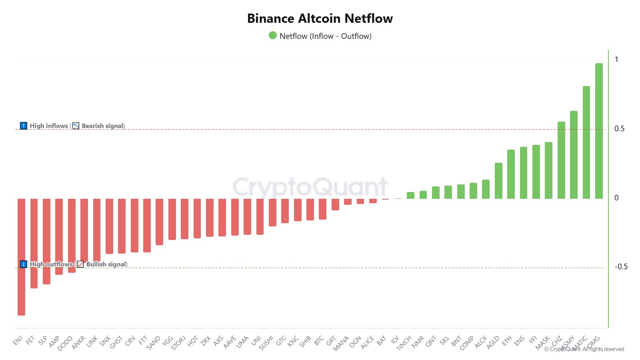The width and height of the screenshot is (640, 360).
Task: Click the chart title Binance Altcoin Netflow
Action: (320, 18)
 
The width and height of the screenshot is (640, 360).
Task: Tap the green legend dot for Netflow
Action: (273, 36)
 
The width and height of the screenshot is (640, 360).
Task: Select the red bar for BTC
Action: (322, 209)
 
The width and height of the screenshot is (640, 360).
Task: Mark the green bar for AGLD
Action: (498, 181)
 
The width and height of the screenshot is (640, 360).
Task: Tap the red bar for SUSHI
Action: (272, 212)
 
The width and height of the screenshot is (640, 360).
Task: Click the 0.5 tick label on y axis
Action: (619, 129)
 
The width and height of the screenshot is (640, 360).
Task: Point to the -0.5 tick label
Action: (621, 267)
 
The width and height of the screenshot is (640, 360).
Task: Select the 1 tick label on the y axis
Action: (616, 60)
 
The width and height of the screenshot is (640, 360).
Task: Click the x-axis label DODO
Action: (65, 343)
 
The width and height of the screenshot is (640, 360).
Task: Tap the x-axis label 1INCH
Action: (404, 343)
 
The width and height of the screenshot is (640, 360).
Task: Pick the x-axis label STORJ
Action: (178, 343)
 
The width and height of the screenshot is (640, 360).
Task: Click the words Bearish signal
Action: (103, 126)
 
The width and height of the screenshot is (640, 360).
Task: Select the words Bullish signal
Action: (106, 264)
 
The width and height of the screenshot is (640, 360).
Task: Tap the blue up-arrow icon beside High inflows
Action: (24, 126)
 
